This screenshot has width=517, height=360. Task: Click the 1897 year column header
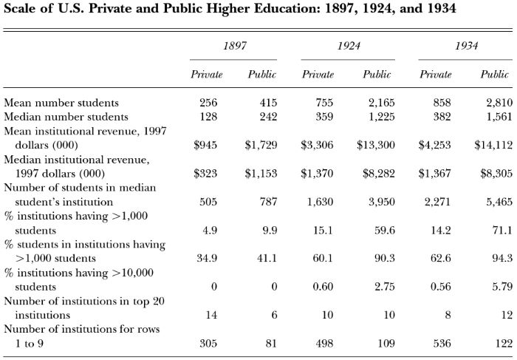[x=234, y=46]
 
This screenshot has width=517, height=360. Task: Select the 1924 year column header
[x=348, y=46]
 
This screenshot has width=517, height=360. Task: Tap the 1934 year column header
[x=466, y=46]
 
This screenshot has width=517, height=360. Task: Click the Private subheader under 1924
[x=318, y=74]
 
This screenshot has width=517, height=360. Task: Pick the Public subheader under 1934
[x=494, y=74]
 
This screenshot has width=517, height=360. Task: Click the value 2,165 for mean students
[x=382, y=103]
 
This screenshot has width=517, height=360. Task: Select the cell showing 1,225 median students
[x=382, y=117]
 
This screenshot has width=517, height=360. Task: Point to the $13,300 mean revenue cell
[x=375, y=145]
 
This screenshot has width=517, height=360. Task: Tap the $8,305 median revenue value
[x=496, y=173]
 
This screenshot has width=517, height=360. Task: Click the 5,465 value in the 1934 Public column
[x=499, y=202]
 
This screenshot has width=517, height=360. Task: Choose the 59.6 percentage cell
[x=385, y=230]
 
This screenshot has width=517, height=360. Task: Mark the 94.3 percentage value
[x=502, y=258]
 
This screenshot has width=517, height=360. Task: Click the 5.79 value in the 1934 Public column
[x=502, y=286]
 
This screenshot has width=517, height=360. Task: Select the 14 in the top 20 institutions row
[x=211, y=315]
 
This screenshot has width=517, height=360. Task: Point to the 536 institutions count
[x=442, y=344]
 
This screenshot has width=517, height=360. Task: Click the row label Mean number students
[x=61, y=103]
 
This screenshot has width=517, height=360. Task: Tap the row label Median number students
[x=66, y=117]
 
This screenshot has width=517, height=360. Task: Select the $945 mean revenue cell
[x=205, y=145]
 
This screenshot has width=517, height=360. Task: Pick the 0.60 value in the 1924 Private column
[x=323, y=286]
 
